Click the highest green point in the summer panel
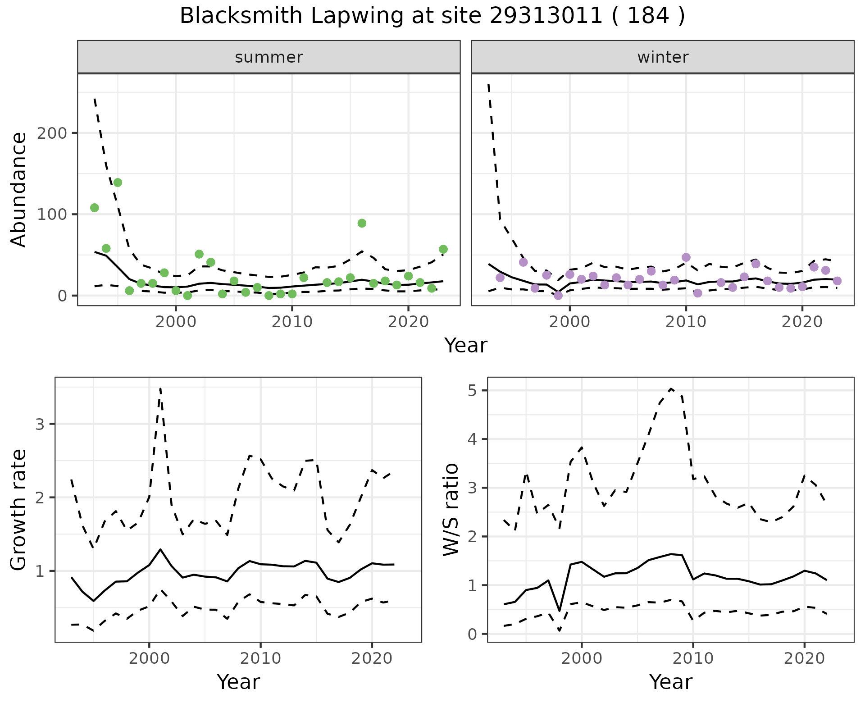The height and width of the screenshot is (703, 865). (118, 183)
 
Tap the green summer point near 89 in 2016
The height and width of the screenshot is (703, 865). (362, 223)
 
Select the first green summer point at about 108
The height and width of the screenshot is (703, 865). (95, 208)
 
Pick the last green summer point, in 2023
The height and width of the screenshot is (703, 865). (443, 249)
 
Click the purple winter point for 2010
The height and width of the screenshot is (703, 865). (686, 257)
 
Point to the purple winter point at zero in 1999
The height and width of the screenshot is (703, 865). (558, 296)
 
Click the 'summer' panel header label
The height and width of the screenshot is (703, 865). (269, 57)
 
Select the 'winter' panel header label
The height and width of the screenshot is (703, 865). (663, 57)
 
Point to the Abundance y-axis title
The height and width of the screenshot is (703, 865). (19, 189)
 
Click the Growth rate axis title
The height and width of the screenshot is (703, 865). (19, 510)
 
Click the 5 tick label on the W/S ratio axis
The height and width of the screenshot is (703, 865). (472, 390)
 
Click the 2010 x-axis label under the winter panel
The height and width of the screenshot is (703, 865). (686, 322)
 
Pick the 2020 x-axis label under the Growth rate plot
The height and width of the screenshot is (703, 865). (372, 658)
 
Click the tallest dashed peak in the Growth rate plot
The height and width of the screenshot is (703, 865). (160, 388)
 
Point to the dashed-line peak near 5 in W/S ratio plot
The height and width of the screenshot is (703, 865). (671, 388)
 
